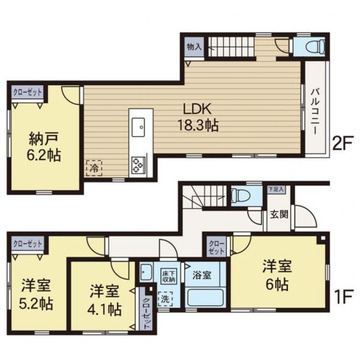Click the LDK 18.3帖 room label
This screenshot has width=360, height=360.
pos(198,117)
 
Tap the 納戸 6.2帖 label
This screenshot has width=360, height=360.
pos(44,147)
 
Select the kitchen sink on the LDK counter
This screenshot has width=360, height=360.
pos(138,127)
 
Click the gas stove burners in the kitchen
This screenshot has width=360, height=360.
pos(138,165)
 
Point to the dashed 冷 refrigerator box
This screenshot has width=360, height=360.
pos(94,168)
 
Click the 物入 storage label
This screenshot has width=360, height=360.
pos(194,47)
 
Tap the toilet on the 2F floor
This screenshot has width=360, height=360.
pos(315,47)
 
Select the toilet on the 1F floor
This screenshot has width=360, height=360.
pos(240,195)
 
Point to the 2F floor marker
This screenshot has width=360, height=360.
pos(342,144)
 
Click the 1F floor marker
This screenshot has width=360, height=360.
pos(343,297)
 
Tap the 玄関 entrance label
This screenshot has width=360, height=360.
pos(279,214)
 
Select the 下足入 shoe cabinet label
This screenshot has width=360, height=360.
pos(276,190)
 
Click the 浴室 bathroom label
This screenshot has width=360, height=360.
pos(202,275)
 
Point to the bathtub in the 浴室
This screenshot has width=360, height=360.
pos(205,297)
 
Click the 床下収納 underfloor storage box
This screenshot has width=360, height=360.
pos(169,276)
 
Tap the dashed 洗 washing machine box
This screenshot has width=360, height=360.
pos(165,299)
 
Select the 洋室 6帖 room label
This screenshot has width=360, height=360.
pos(277,275)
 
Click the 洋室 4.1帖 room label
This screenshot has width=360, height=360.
pos(105,300)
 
